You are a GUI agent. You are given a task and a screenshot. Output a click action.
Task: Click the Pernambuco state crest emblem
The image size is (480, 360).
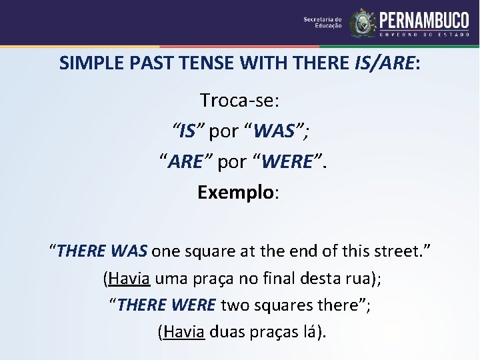click(363, 23)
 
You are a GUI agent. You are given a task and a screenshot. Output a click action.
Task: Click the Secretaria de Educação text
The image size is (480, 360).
click(323, 23)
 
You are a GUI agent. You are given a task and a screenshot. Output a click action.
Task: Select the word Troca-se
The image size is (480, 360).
click(239, 101)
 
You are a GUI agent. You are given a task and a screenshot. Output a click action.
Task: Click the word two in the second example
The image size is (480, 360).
click(233, 305)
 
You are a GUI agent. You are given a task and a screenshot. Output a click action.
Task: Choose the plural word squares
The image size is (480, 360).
click(279, 305)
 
